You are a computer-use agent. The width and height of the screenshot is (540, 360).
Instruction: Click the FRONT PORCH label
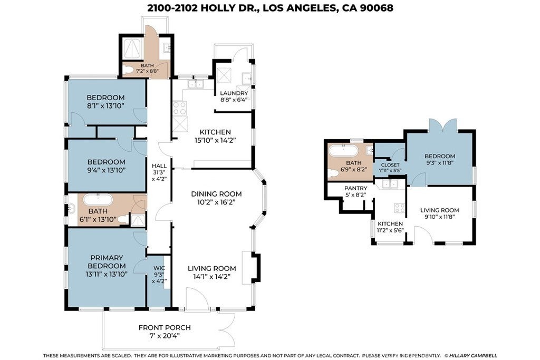[x=165, y=328]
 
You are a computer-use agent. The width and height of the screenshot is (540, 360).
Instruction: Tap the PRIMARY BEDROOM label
[x=107, y=261]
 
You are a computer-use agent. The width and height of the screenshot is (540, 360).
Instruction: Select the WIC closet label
[x=159, y=268]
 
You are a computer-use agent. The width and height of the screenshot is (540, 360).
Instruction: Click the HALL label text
[x=159, y=166]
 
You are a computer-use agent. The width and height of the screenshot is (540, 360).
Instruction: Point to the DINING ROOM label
[x=216, y=194]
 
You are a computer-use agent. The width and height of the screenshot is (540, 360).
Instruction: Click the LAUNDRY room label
[x=234, y=93]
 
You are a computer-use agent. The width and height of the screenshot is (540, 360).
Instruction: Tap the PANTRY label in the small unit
[x=356, y=188]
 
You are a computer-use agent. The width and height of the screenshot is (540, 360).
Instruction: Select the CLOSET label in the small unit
[x=390, y=165]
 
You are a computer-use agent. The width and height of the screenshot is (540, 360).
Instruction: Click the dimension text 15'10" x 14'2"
[x=215, y=140]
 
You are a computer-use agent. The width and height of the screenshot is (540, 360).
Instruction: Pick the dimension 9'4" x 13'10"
[x=106, y=170]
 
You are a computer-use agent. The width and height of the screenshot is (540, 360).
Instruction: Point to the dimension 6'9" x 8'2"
[x=354, y=169]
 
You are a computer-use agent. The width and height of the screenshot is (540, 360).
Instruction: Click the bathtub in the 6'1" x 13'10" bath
[x=98, y=200]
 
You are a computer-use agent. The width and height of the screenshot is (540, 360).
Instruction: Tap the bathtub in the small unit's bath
[x=343, y=151]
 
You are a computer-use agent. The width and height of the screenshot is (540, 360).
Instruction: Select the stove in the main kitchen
[x=179, y=108]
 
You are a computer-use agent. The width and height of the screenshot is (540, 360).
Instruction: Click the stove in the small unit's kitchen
[x=400, y=208]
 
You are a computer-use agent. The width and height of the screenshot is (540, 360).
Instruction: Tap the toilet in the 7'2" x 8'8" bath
[x=129, y=70]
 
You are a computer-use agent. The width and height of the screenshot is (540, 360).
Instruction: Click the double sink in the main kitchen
[x=196, y=84]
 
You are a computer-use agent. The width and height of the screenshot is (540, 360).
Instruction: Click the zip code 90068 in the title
[x=377, y=8]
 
